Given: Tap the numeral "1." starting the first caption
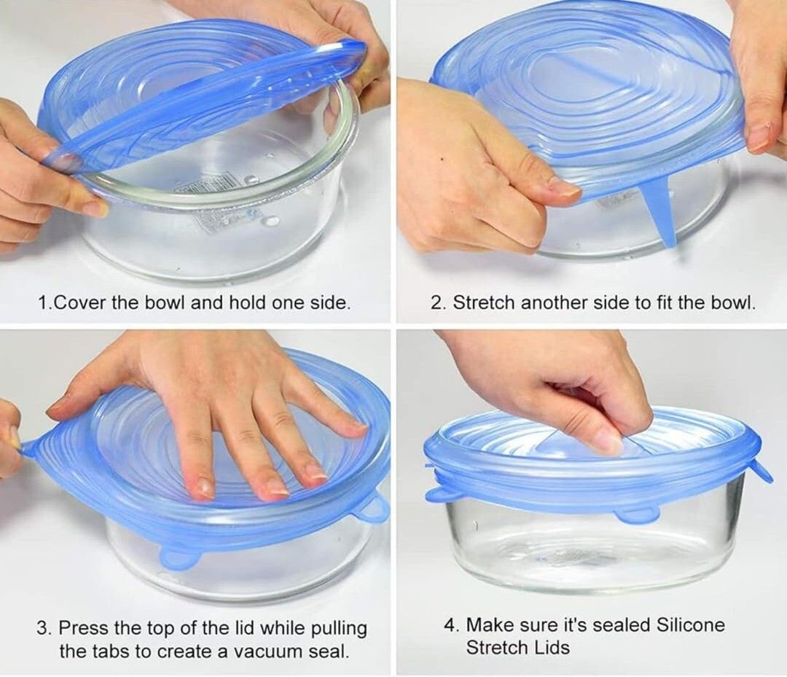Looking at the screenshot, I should [44, 302].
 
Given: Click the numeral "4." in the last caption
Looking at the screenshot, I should [453, 625].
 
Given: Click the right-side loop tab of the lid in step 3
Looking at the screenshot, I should [373, 507].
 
